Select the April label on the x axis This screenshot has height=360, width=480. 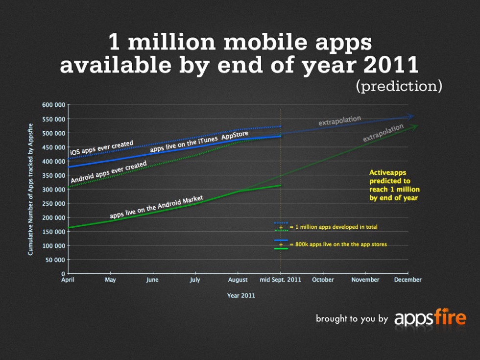click(68, 280)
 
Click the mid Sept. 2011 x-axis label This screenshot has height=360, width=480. click(280, 280)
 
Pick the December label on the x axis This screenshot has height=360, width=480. click(408, 280)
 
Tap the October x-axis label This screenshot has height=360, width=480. click(323, 280)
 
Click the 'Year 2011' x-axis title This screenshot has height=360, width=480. click(241, 295)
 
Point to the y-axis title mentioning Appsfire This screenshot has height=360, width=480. click(30, 189)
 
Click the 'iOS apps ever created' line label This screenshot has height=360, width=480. click(102, 146)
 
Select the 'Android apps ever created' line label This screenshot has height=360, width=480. click(109, 173)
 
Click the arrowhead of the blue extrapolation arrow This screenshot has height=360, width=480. click(411, 117)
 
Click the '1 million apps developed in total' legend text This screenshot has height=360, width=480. click(333, 227)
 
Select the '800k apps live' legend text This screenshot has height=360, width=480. click(338, 244)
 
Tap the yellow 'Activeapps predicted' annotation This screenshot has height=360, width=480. click(394, 185)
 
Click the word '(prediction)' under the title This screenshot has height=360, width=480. click(399, 86)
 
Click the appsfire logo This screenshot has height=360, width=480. click(430, 318)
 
